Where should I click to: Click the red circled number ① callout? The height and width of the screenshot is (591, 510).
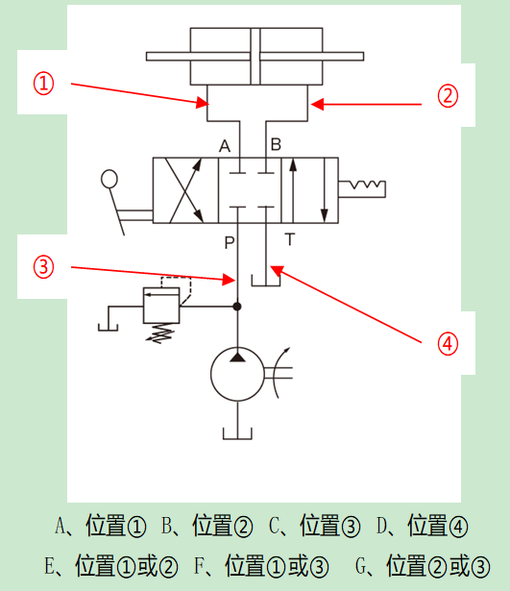[x=43, y=84]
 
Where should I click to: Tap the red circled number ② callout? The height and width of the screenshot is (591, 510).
[x=448, y=96]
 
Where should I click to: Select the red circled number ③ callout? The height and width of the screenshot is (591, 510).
[x=43, y=267]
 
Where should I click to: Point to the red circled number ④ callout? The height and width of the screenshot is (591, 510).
[x=448, y=344]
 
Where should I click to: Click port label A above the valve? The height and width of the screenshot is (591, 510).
[x=225, y=145]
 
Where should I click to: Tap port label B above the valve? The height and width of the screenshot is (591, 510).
[x=276, y=144]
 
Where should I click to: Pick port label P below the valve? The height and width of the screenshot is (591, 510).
[x=229, y=243]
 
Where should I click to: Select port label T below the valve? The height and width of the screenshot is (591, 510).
[x=290, y=239]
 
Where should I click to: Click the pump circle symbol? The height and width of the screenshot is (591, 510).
[x=237, y=374]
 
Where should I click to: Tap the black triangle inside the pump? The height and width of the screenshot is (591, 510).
[x=237, y=357]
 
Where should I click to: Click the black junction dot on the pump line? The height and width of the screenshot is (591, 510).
[x=237, y=307]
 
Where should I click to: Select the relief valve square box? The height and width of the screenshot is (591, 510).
[x=161, y=306]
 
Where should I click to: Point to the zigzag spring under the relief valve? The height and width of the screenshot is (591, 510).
[x=160, y=333]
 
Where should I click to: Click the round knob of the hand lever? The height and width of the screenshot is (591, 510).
[x=109, y=179]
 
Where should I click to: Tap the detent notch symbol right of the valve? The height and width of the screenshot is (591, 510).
[x=362, y=189]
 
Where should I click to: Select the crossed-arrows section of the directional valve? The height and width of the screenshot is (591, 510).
[x=185, y=190]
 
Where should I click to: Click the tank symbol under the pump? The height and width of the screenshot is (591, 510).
[x=237, y=433]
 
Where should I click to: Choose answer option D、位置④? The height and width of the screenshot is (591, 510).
[x=423, y=526]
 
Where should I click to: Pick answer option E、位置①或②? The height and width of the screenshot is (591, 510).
[x=111, y=566]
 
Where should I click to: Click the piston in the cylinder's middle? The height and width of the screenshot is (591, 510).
[x=255, y=56]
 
